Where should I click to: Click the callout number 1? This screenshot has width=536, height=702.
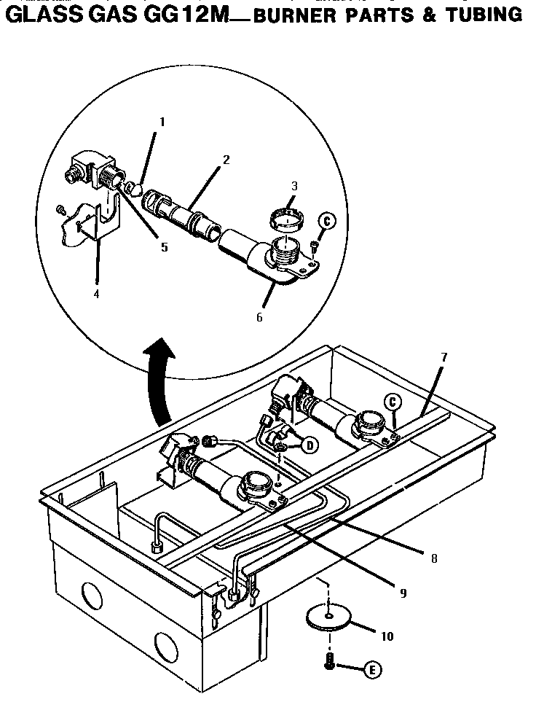tap(162, 122)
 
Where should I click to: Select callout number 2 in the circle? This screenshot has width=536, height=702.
tap(226, 160)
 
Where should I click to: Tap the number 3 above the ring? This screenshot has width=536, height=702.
tap(293, 187)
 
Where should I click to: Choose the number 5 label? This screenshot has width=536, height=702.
tap(165, 247)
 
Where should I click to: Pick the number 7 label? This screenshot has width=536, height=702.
tap(444, 357)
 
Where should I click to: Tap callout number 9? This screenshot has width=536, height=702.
tap(403, 592)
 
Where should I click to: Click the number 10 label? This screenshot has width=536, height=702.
tap(387, 636)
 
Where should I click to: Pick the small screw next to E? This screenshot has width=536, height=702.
tap(330, 661)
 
